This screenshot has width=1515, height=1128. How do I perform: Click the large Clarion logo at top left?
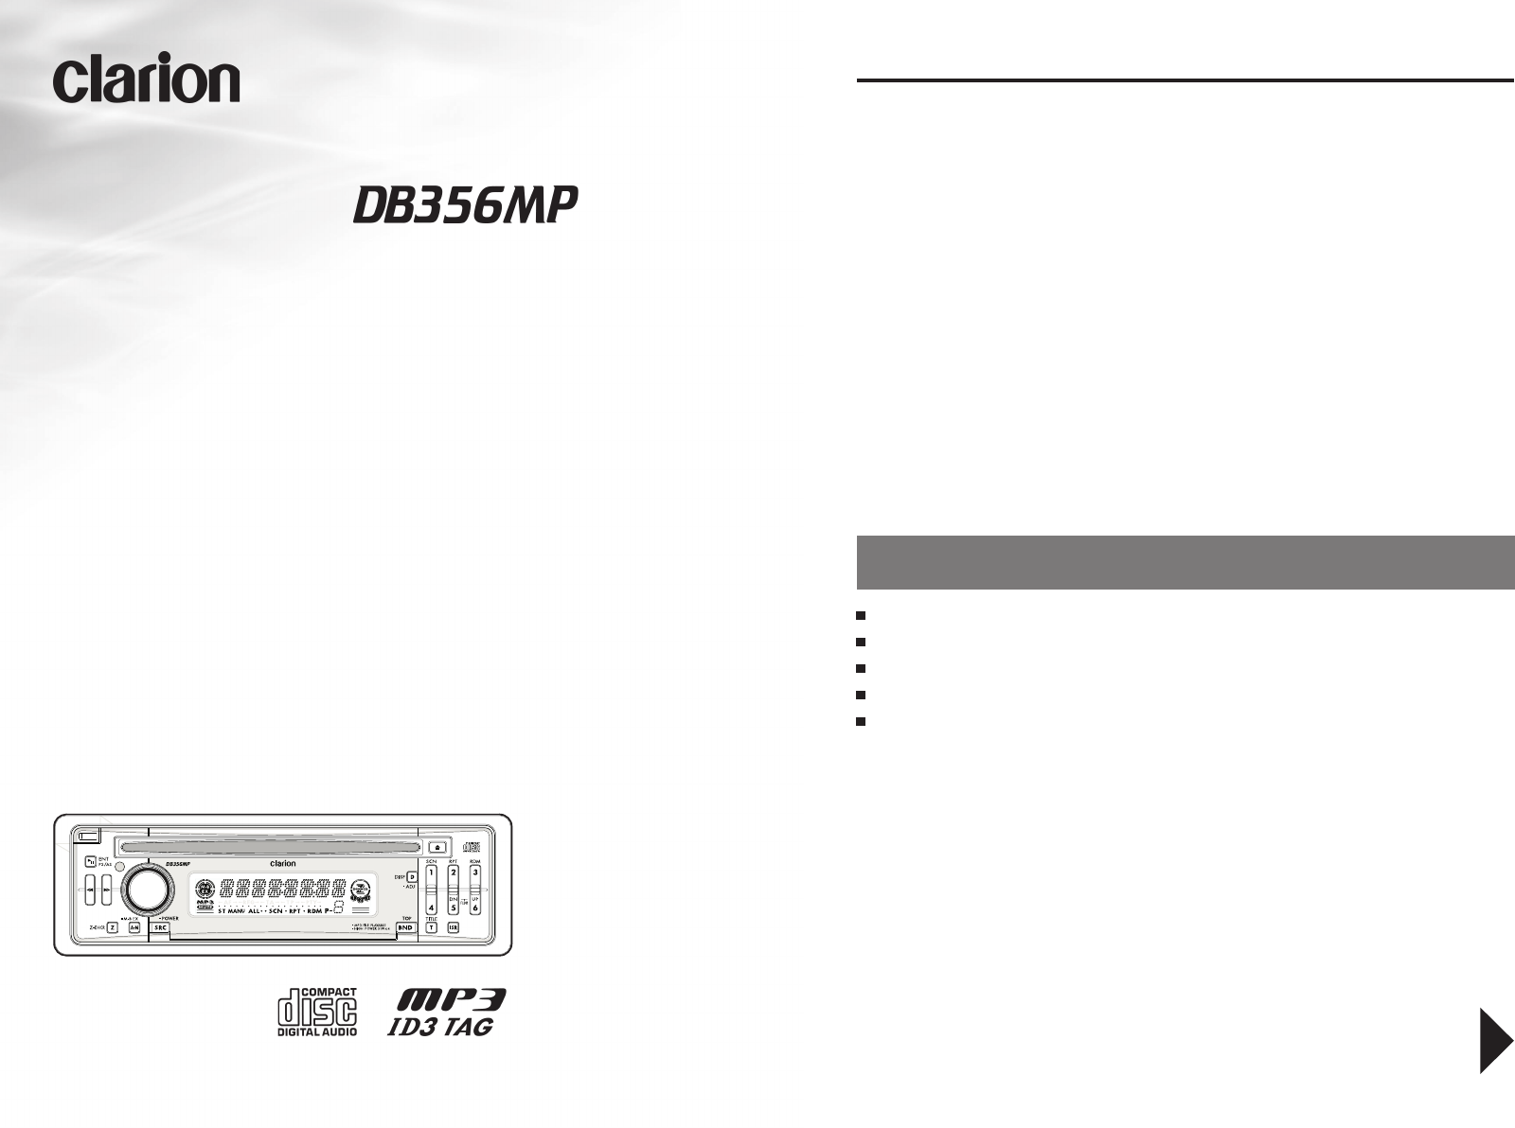[x=147, y=79]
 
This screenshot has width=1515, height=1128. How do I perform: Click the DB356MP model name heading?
[x=465, y=204]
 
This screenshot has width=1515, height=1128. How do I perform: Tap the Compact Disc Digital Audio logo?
[x=317, y=1012]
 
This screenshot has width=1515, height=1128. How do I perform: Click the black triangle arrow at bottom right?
[x=1496, y=1040]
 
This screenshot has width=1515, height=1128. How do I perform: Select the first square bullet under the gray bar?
[x=861, y=615]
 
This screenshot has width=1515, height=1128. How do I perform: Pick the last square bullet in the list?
[x=861, y=721]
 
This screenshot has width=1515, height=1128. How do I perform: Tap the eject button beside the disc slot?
[x=437, y=848]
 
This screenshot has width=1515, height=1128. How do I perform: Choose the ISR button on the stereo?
[x=453, y=928]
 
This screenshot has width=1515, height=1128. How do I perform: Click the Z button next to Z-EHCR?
[x=112, y=928]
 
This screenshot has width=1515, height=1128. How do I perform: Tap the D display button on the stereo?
[x=412, y=877]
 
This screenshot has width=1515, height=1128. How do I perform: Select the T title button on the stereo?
[x=431, y=928]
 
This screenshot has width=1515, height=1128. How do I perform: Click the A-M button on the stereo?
[x=134, y=928]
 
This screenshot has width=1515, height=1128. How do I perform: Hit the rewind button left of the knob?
[x=89, y=890]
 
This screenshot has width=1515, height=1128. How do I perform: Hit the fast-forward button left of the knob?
[x=106, y=890]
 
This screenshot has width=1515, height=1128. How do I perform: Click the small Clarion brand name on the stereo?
[x=283, y=863]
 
